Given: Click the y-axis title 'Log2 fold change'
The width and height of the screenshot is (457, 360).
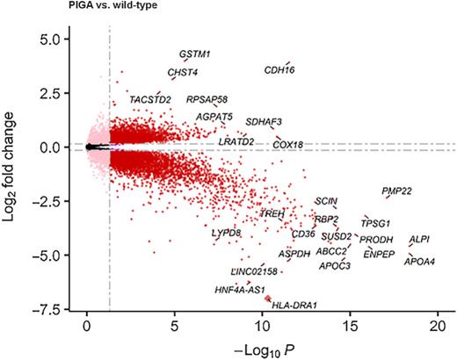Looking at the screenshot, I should coord(12,169).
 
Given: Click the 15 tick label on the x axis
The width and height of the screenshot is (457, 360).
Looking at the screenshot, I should coord(351,327).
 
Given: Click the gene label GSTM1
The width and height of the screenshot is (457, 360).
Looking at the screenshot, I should coord(195,54).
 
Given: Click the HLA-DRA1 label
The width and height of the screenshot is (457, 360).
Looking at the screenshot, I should coord(294,306).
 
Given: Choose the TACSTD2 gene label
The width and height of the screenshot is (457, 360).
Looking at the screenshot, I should coord(150,100).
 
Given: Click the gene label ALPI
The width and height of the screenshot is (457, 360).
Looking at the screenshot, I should coord(419,239).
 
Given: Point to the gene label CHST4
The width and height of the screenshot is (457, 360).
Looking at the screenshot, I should coord(183,73).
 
